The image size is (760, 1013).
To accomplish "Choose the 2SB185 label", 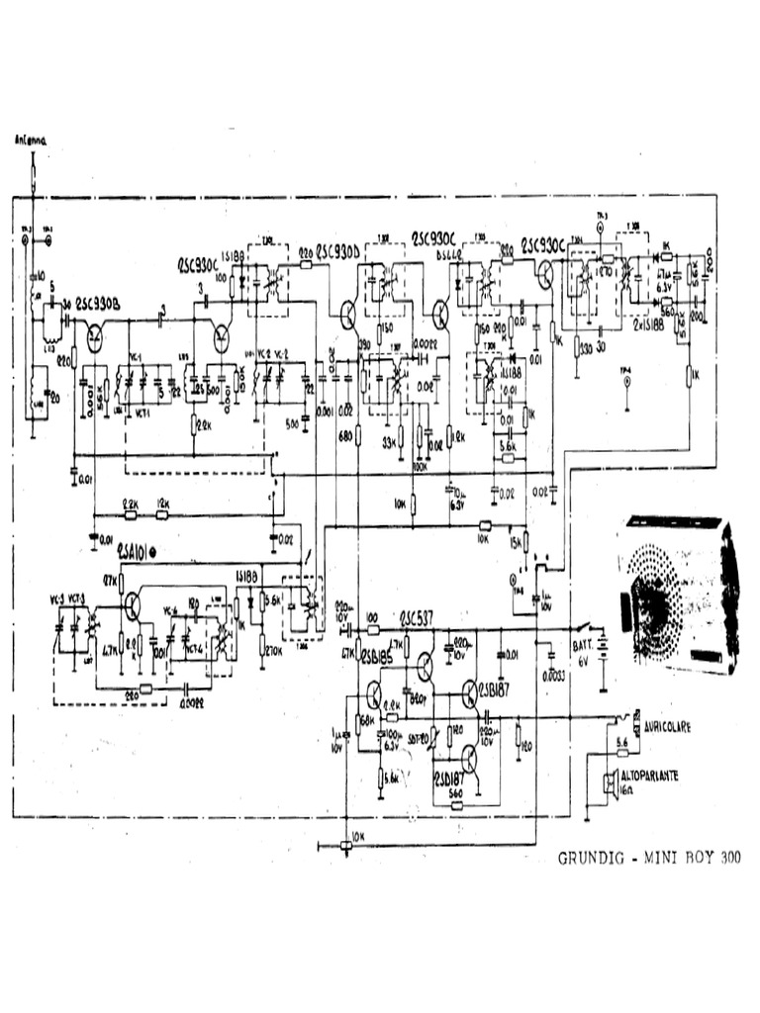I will coord(378,658).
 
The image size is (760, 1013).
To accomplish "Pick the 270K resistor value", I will coord(271,651).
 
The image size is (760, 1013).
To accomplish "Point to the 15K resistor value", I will coord(515,543).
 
